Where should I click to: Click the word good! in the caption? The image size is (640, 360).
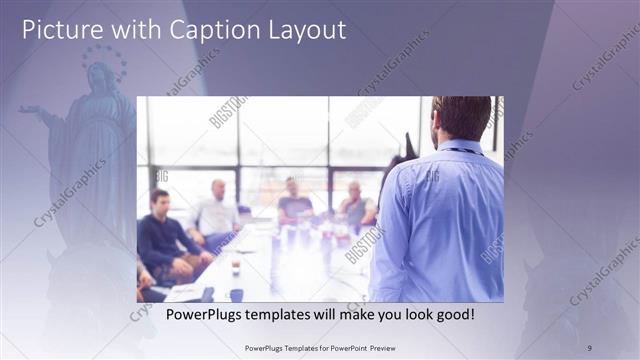click(452, 314)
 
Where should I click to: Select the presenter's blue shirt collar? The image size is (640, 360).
click(460, 147)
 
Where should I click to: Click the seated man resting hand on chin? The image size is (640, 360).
click(355, 205)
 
